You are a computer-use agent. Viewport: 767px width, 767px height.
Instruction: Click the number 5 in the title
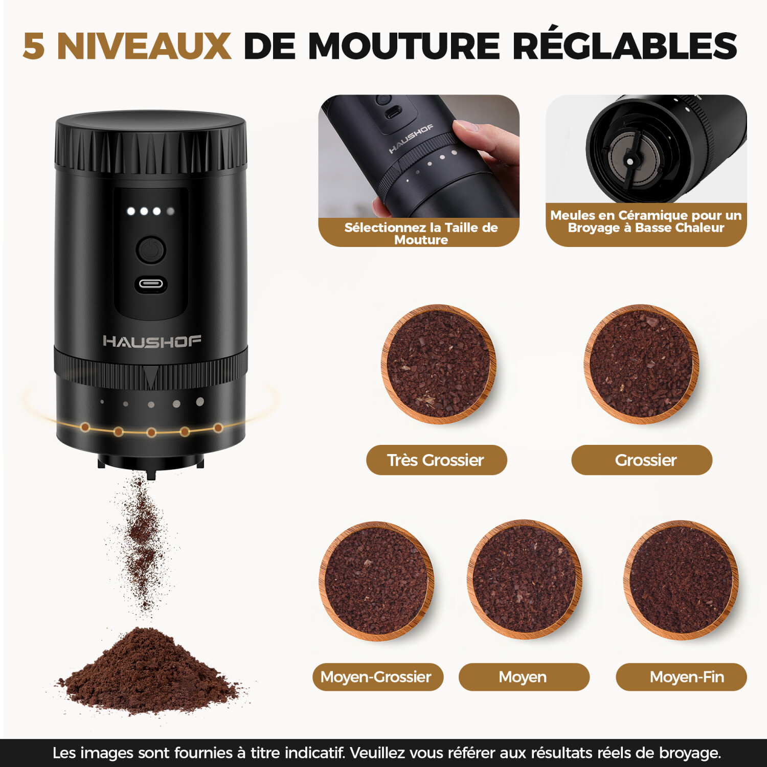coord(34,46)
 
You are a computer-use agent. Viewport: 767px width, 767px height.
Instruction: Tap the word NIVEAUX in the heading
coord(144,46)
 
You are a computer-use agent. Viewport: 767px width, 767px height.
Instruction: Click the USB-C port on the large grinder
coord(151,284)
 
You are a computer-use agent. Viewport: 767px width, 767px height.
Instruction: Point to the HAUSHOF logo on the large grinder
coord(152,341)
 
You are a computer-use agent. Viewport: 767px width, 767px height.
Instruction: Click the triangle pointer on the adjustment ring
coord(151,377)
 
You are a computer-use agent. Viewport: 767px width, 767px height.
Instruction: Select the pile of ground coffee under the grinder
coord(148,670)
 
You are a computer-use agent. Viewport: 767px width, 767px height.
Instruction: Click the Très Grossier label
coord(436,460)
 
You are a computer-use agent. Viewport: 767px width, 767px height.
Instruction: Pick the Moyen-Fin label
coord(681,677)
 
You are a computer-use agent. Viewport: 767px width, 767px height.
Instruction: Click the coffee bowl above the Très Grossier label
coord(438,364)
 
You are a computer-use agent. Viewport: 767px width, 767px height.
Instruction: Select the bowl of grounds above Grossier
coord(641,364)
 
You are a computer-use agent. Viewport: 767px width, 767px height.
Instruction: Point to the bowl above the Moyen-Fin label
coord(681,580)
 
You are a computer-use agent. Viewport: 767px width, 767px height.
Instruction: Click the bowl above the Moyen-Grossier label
coord(377,581)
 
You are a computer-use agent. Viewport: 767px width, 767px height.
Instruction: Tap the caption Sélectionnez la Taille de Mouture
coord(421,234)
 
